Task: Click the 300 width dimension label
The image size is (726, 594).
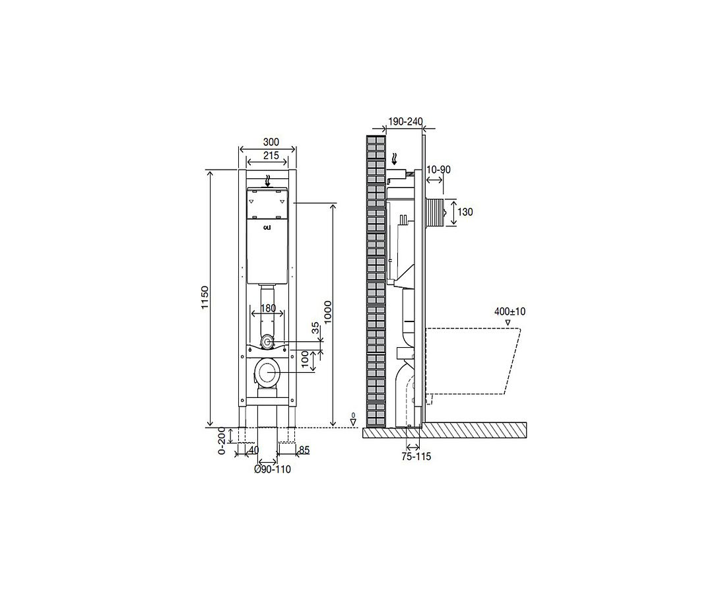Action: click(271, 142)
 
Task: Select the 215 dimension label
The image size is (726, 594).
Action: click(271, 156)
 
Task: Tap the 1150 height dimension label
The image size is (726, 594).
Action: click(205, 298)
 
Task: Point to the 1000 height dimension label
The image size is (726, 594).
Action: click(328, 313)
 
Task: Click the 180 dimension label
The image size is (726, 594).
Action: click(268, 308)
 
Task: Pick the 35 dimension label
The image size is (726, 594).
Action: click(315, 329)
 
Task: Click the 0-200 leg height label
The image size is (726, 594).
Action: click(222, 442)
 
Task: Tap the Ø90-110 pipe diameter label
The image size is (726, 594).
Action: click(273, 469)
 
